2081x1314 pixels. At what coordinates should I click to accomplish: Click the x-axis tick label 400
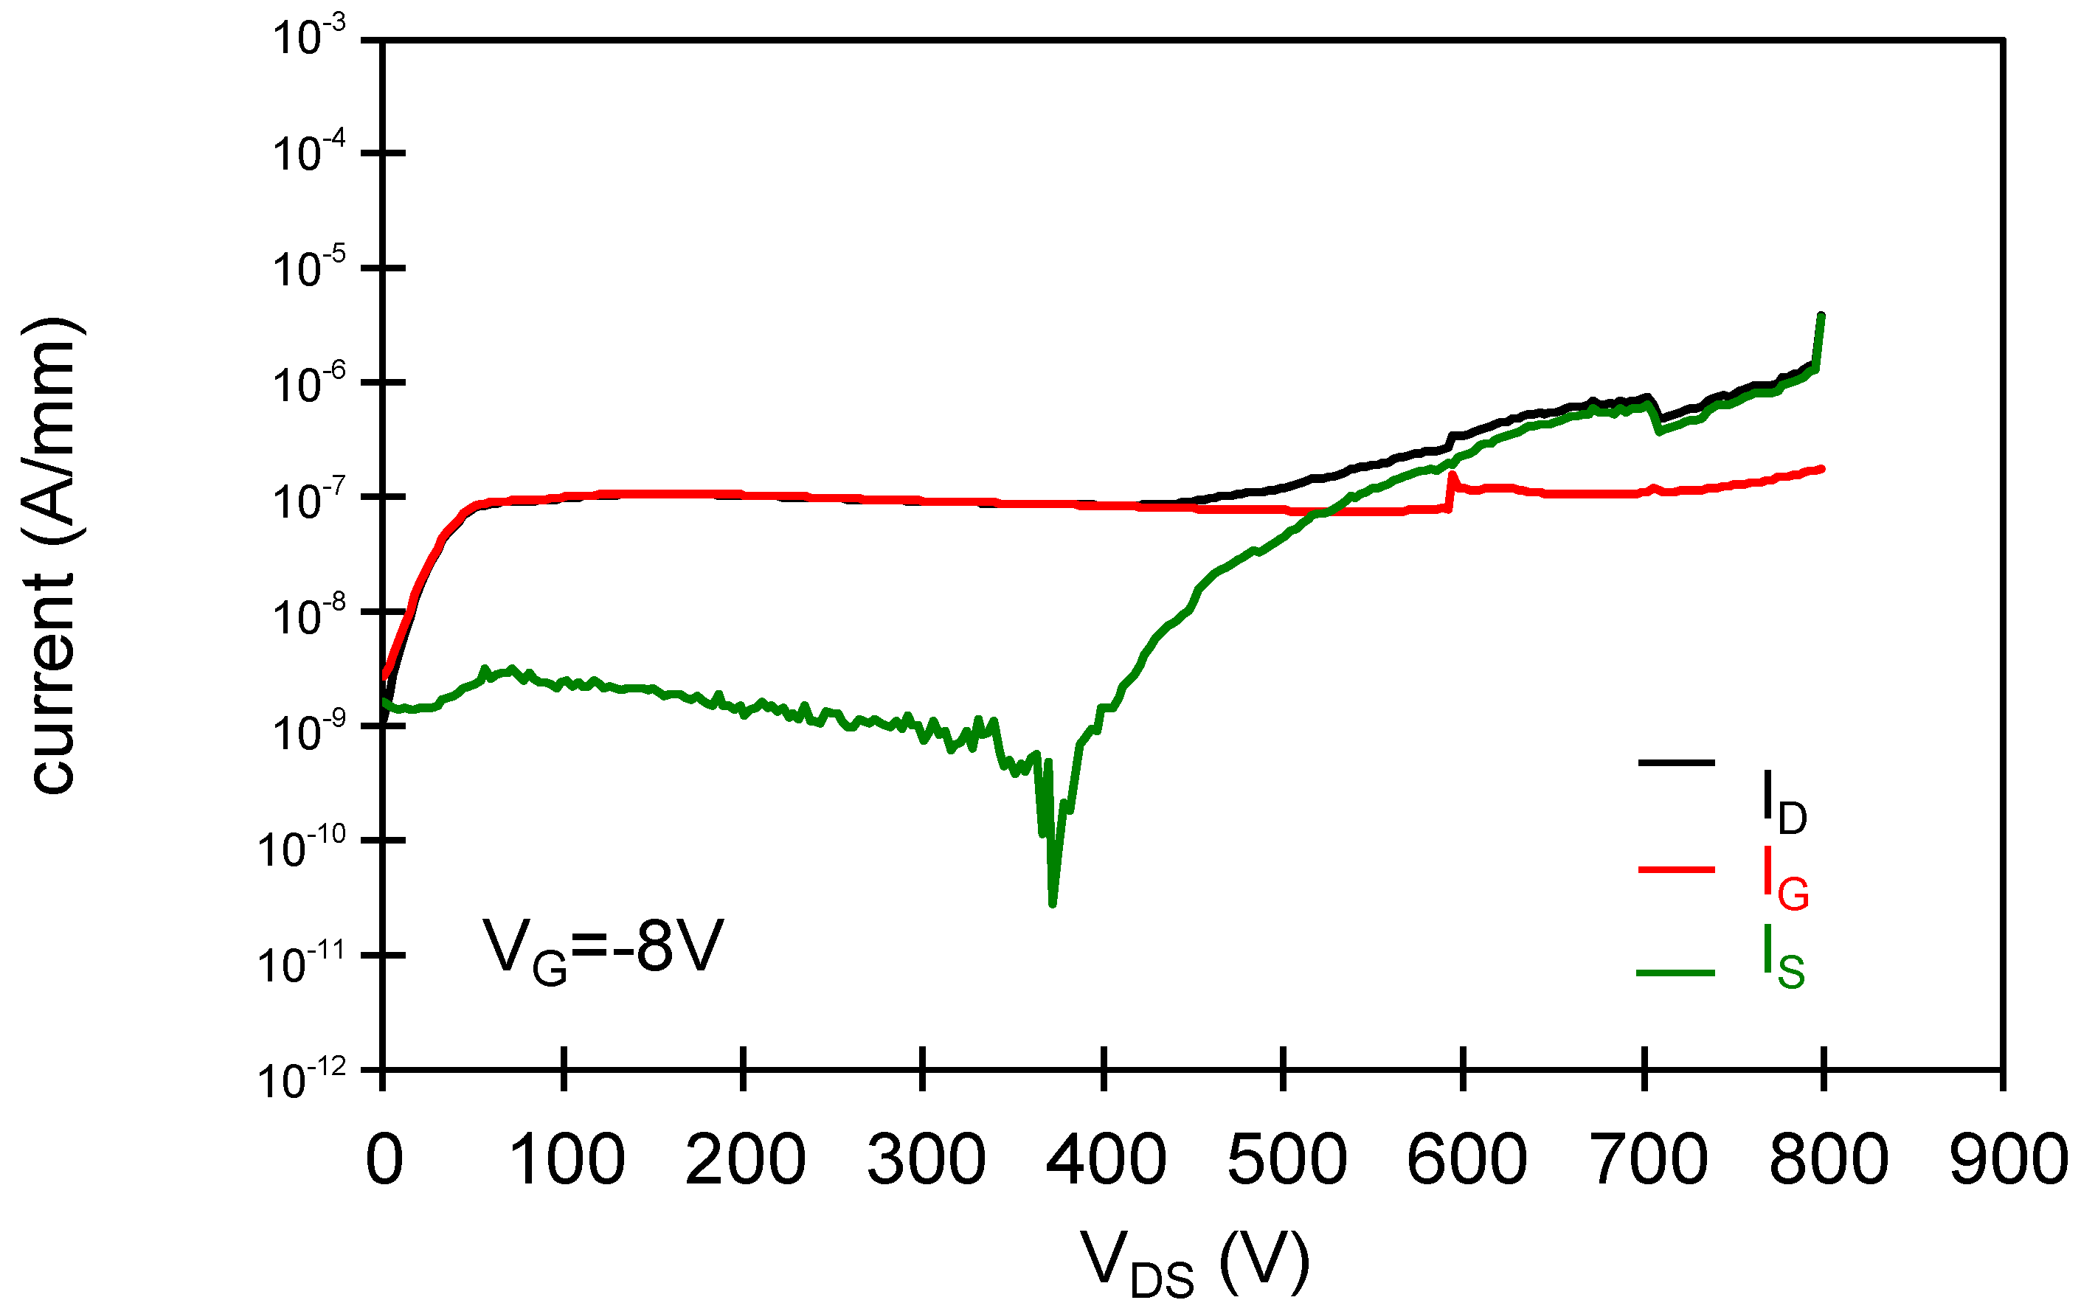pos(1105,1160)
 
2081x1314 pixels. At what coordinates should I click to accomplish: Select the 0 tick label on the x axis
pos(384,1160)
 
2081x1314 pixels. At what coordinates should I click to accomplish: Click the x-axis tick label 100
pos(567,1160)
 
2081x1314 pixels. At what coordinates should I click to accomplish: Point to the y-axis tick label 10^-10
pos(302,847)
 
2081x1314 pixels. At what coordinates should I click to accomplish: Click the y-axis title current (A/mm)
pos(54,555)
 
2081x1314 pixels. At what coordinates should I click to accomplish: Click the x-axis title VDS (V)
pos(1194,1264)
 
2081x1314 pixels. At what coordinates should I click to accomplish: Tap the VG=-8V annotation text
pos(603,950)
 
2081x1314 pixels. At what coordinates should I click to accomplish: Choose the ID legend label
pos(1784,804)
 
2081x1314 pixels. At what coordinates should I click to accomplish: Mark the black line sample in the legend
pos(1676,762)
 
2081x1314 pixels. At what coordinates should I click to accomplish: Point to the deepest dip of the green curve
pos(1053,903)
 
